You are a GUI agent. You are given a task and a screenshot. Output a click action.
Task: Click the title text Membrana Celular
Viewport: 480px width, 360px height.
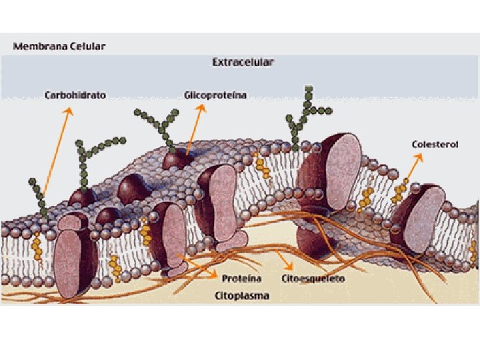pyautogui.click(x=59, y=47)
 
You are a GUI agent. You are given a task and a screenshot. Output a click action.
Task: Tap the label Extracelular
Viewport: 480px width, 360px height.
pyautogui.click(x=243, y=63)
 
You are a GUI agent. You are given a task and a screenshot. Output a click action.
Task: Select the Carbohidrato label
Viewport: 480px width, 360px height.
pyautogui.click(x=75, y=95)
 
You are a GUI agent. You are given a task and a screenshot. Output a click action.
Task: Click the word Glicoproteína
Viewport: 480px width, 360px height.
pyautogui.click(x=215, y=95)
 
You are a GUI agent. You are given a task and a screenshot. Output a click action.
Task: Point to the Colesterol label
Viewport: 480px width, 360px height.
pyautogui.click(x=435, y=144)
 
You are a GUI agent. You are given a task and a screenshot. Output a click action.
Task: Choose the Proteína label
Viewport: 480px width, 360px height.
pyautogui.click(x=241, y=278)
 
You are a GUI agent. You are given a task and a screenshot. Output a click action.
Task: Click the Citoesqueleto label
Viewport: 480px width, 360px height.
pyautogui.click(x=313, y=278)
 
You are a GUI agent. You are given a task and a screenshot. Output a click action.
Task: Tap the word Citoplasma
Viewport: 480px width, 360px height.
pyautogui.click(x=242, y=295)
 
